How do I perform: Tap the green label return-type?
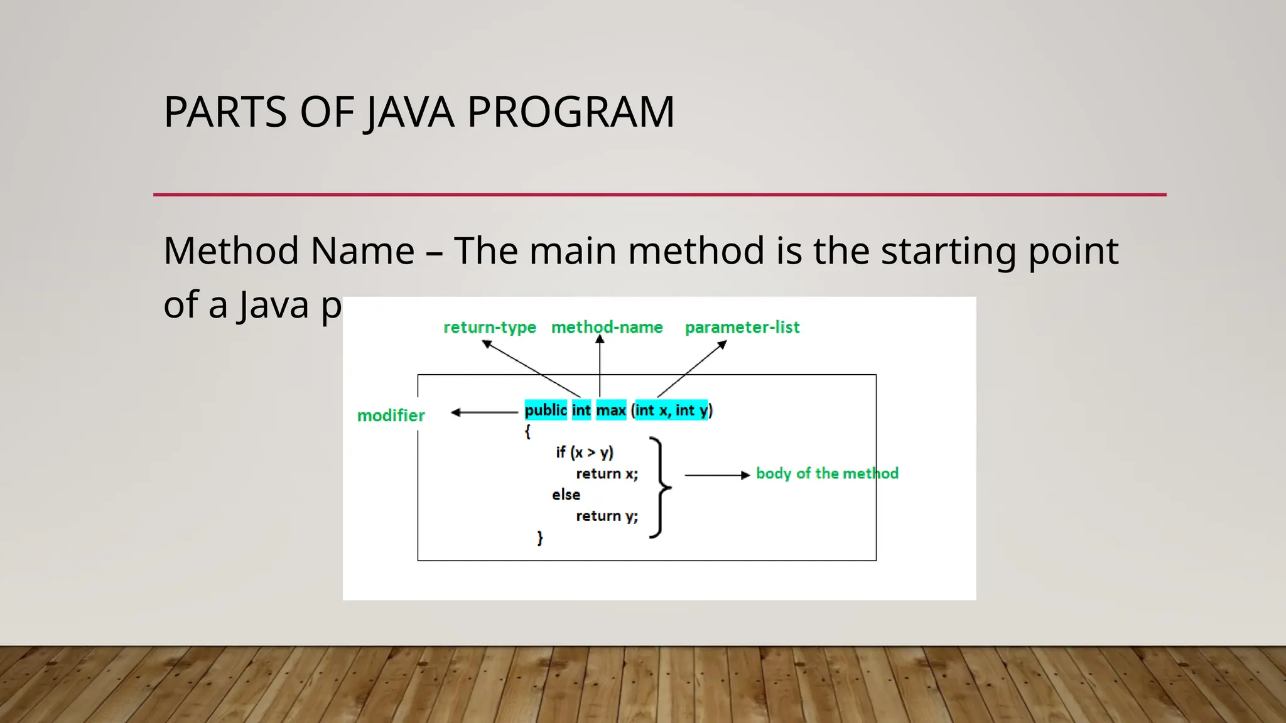point(490,328)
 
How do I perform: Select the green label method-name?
point(607,328)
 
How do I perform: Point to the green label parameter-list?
point(742,328)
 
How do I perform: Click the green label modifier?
point(391,415)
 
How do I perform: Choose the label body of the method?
point(827,473)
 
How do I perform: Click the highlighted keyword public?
point(546,410)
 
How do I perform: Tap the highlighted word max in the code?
point(611,410)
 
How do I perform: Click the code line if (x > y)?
point(585,453)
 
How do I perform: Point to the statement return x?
point(607,474)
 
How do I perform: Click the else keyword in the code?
point(566,495)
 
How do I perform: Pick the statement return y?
point(607,516)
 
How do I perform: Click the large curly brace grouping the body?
point(660,488)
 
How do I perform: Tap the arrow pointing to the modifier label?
point(484,412)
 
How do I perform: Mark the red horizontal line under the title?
point(659,195)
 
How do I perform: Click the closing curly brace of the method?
point(539,538)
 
